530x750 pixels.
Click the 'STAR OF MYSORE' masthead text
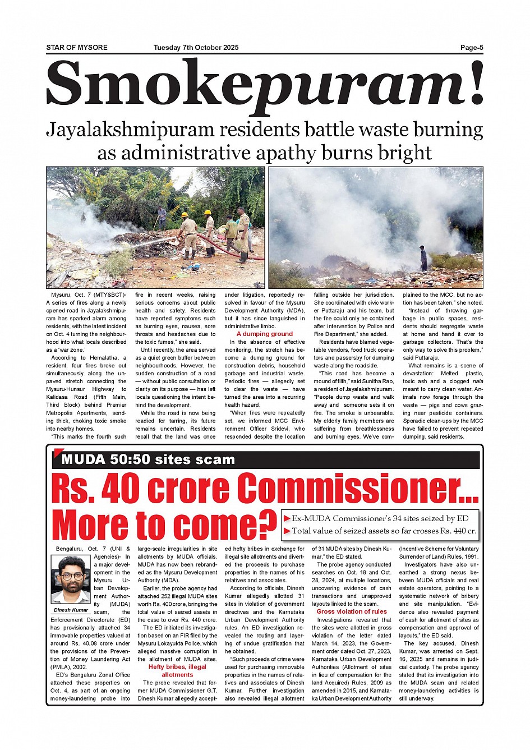77,48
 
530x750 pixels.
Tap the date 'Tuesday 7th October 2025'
196,48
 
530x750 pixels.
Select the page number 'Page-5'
472,48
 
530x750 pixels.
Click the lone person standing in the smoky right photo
423,258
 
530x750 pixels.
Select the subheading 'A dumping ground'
265,334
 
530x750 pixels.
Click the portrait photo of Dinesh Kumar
71,579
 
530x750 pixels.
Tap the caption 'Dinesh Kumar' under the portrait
71,610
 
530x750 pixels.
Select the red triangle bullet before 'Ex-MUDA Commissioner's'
287,518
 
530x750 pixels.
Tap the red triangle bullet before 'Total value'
287,531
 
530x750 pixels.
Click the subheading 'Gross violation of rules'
352,611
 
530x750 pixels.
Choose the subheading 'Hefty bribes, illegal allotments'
177,670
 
